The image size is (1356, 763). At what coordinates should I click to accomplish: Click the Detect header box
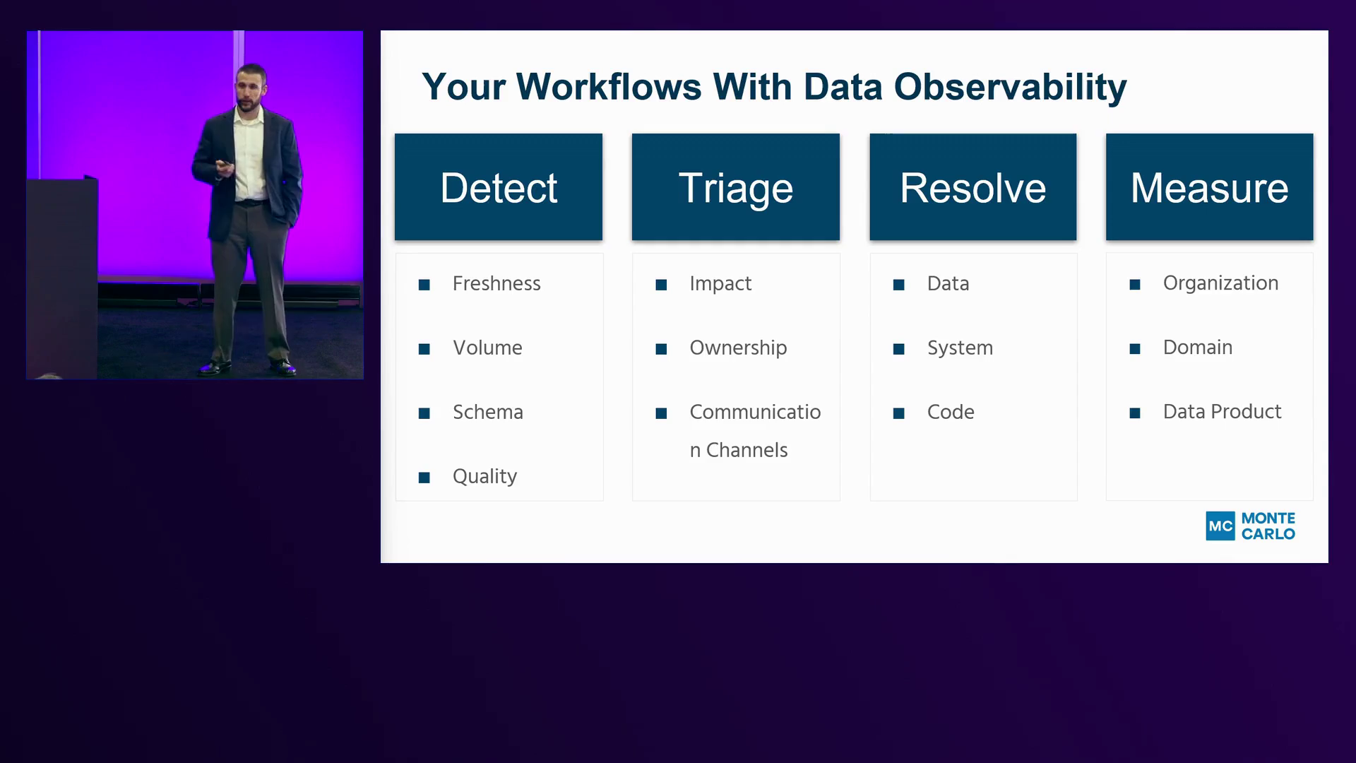499,187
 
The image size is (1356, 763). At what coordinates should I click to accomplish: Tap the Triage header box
736,187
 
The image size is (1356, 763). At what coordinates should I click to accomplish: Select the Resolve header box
973,187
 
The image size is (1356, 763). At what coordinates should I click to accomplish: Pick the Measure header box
1210,187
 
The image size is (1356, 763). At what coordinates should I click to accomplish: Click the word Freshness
496,283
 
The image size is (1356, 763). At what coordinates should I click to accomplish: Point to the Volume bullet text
487,348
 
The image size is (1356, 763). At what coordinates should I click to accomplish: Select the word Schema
488,412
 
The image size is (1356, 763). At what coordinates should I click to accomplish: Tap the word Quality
484,477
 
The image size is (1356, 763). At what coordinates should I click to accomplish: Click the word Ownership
738,348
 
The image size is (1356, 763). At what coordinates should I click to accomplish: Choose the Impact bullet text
720,284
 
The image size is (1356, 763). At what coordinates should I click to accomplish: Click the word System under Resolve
960,348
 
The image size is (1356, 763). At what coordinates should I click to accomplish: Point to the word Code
951,412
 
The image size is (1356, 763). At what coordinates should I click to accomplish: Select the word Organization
1220,283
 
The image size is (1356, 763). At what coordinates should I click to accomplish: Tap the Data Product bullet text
1222,411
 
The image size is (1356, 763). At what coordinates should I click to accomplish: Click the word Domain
1198,347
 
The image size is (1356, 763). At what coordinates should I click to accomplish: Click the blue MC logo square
1220,526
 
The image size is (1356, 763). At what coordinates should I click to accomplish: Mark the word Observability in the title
1011,88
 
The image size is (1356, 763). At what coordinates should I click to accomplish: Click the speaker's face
251,88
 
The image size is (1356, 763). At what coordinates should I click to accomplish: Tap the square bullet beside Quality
424,478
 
